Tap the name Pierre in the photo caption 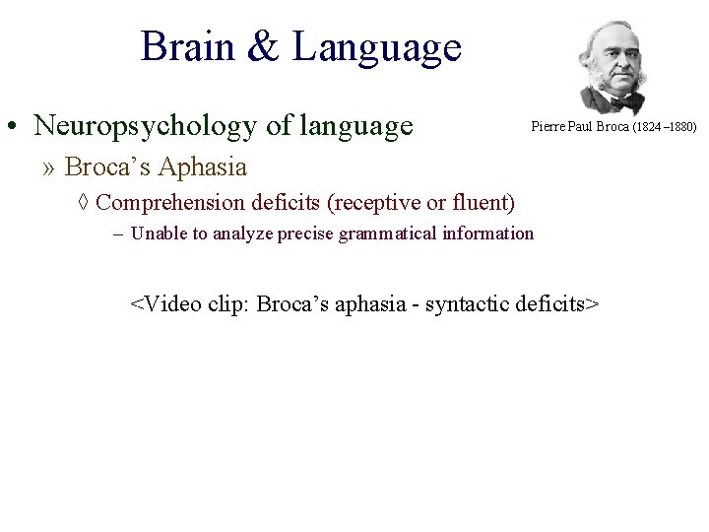(546, 127)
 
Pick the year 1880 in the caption (681, 127)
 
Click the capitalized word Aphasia (201, 167)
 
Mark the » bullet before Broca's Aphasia (50, 167)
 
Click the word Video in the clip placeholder (174, 302)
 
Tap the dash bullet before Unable (117, 234)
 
